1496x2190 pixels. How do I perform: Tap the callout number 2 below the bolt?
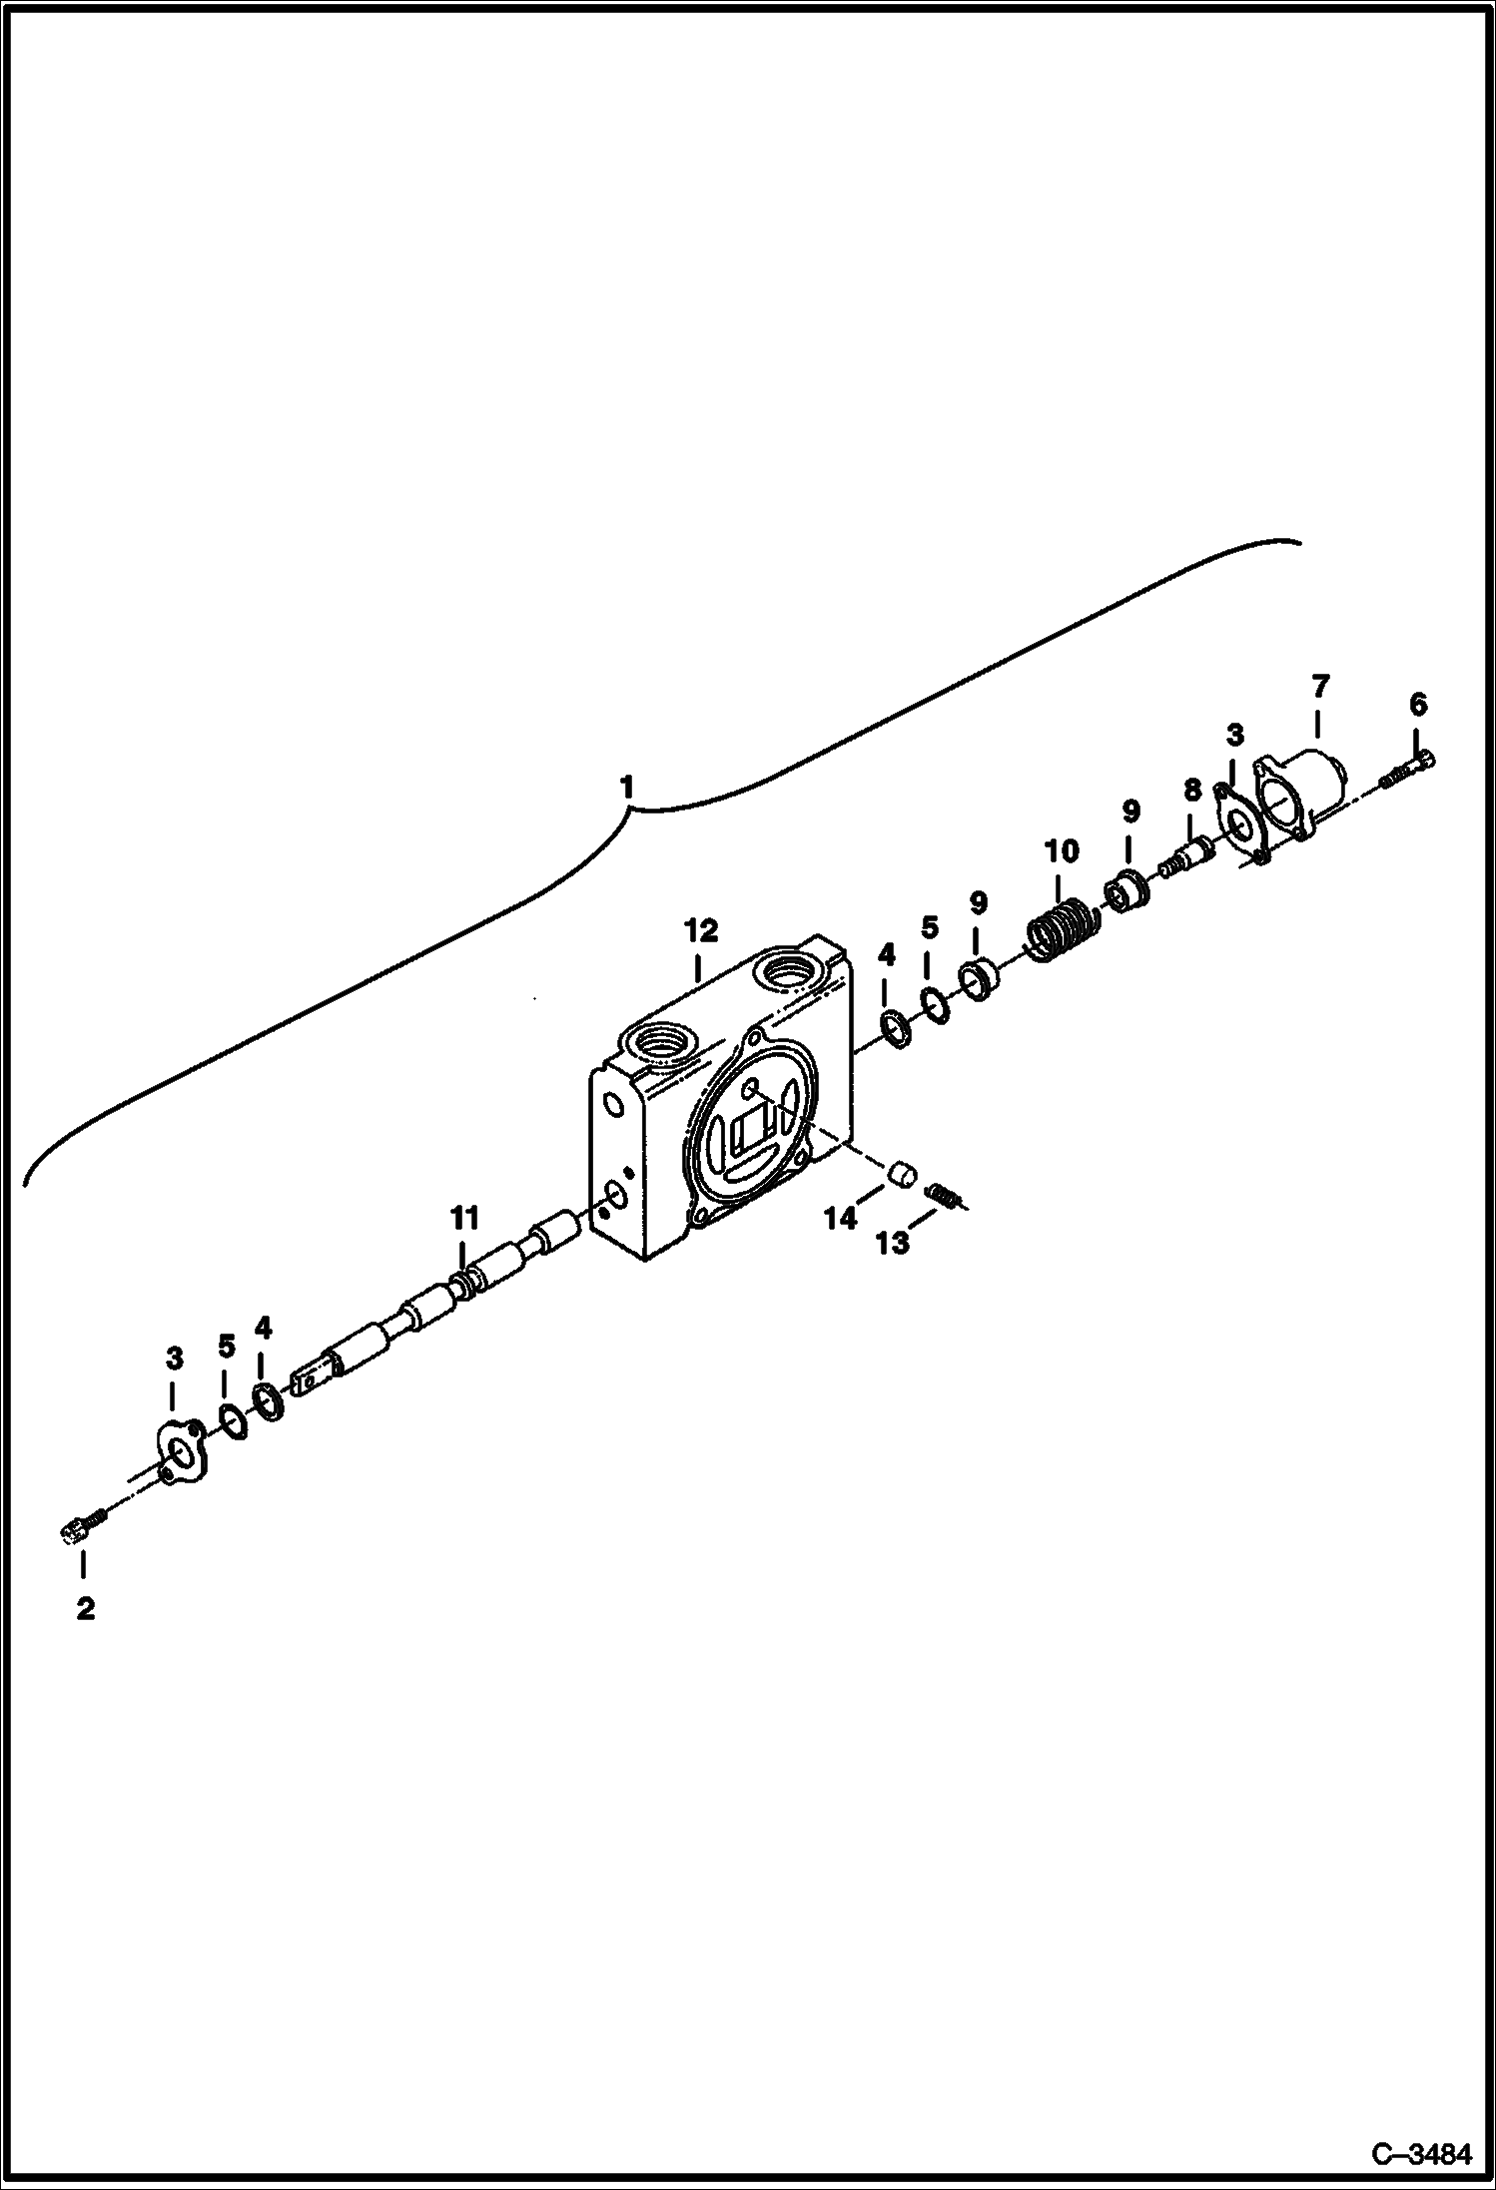pyautogui.click(x=85, y=1609)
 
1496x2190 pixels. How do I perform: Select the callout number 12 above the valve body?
pyautogui.click(x=700, y=930)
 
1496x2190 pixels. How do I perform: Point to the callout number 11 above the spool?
pyautogui.click(x=464, y=1218)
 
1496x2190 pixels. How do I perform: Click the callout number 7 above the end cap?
pyautogui.click(x=1319, y=687)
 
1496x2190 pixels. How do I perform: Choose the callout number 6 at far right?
pyautogui.click(x=1418, y=705)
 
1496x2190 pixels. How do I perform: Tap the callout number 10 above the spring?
pyautogui.click(x=1062, y=851)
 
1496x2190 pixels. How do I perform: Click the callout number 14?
pyautogui.click(x=841, y=1218)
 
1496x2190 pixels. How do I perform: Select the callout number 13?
pyautogui.click(x=893, y=1243)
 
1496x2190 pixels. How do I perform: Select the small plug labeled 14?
pyautogui.click(x=902, y=1174)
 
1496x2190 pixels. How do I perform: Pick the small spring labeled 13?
pyautogui.click(x=944, y=1193)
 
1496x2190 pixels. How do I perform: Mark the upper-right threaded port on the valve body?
pyautogui.click(x=787, y=969)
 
